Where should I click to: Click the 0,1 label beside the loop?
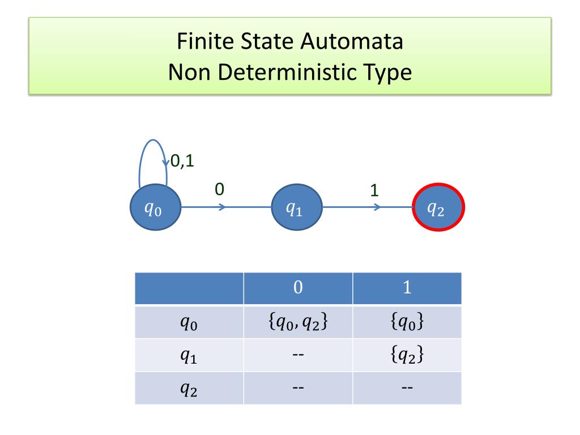point(182,161)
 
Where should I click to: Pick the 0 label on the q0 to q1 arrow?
point(219,189)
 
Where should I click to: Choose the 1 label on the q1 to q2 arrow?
point(374,190)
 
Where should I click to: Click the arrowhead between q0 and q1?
point(223,207)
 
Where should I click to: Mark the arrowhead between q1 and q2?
point(378,207)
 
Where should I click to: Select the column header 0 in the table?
point(298,288)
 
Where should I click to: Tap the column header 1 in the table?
point(407,288)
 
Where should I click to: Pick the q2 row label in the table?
point(189,388)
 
